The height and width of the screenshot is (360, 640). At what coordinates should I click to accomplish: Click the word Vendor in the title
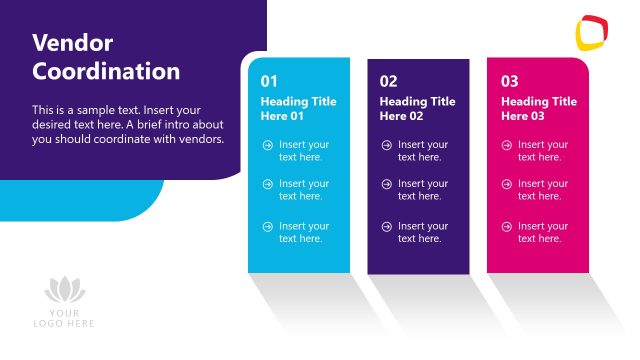[73, 42]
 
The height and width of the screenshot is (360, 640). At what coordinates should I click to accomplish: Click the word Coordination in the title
[106, 72]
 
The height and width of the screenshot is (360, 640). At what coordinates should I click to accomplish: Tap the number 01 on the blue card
[269, 81]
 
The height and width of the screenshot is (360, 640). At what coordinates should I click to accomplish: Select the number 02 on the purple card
[388, 81]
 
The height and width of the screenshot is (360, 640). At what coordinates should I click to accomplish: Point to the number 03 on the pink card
[509, 81]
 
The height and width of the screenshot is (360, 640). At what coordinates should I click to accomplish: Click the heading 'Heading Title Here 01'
[298, 108]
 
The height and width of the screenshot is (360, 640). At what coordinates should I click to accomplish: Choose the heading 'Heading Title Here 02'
[417, 108]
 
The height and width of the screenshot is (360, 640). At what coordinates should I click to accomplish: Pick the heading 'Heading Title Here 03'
[538, 108]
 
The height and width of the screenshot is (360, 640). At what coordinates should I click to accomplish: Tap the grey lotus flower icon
[65, 291]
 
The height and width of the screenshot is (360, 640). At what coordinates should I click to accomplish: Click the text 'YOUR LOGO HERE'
[65, 318]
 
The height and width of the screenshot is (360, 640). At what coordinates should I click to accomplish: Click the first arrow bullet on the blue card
[267, 145]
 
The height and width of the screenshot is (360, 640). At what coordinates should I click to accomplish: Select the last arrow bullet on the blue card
[267, 227]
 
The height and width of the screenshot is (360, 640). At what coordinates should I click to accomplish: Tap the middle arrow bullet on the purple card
[386, 184]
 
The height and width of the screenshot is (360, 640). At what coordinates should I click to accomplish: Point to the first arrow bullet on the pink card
[507, 145]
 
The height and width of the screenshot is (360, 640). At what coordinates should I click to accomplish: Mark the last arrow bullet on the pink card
[507, 227]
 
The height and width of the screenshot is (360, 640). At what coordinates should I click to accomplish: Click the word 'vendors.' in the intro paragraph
[202, 139]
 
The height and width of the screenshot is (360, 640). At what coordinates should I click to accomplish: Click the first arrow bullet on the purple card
[386, 145]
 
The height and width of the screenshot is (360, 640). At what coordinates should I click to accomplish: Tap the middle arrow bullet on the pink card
[507, 184]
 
